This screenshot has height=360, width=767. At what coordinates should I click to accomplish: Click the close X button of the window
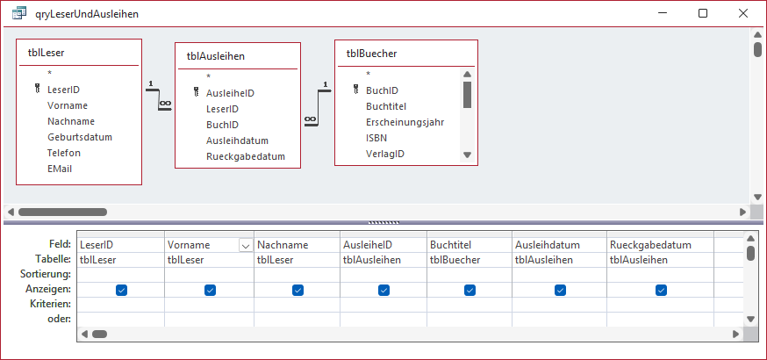(743, 14)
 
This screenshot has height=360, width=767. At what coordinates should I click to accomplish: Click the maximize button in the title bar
(703, 14)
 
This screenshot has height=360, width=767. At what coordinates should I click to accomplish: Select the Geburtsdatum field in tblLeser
(80, 137)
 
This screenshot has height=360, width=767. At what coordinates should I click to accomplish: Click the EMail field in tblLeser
(61, 169)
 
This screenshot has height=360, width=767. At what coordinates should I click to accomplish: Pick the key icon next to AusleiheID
(197, 92)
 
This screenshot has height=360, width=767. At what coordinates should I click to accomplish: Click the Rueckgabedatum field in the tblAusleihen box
(246, 156)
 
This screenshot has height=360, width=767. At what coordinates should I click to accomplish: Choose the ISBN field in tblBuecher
(376, 138)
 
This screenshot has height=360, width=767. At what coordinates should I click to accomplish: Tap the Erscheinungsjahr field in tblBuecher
(405, 122)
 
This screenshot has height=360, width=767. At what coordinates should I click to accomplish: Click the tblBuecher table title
(371, 54)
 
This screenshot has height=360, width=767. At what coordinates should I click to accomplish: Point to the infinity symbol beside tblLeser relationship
(165, 104)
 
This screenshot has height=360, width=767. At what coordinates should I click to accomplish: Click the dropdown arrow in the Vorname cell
(245, 245)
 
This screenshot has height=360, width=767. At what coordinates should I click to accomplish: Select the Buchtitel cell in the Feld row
(470, 245)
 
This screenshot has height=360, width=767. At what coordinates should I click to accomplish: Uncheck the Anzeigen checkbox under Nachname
(297, 291)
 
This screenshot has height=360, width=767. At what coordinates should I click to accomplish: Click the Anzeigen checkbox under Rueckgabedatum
(662, 291)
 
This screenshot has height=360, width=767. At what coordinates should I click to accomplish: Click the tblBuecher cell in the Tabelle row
(470, 260)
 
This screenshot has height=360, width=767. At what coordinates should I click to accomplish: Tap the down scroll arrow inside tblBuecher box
(467, 155)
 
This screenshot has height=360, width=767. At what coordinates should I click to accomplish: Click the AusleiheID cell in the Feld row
(383, 245)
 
